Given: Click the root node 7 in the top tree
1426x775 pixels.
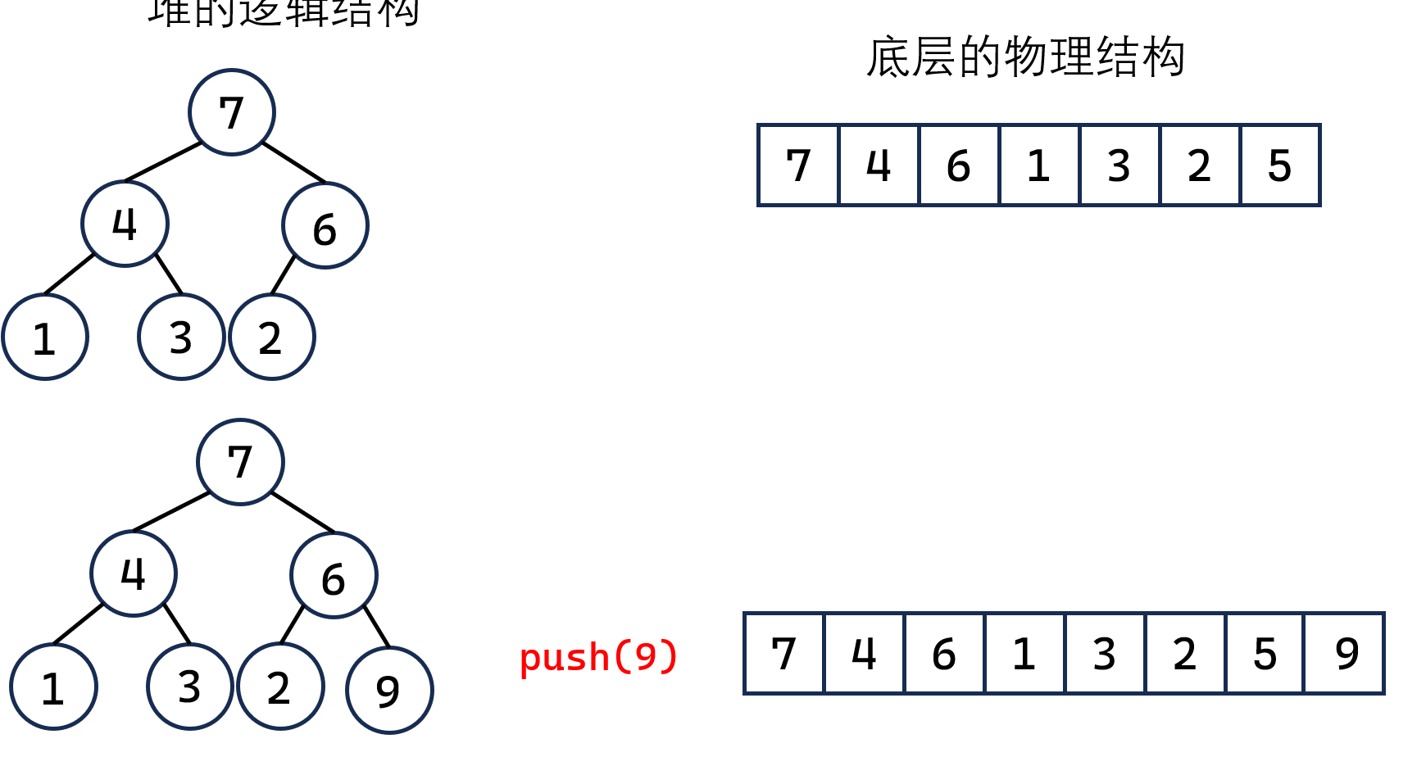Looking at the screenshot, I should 232,112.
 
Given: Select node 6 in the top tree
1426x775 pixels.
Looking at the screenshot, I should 325,226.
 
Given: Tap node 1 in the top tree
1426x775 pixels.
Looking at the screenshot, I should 45,337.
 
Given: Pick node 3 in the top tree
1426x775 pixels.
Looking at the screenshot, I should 181,337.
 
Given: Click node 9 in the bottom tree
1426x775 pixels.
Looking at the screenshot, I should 389,690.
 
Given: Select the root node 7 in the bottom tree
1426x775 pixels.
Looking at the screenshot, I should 240,462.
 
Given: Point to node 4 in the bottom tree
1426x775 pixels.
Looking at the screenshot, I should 134,573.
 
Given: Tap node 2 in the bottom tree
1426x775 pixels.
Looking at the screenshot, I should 280,687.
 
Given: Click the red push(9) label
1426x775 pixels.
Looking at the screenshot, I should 598,656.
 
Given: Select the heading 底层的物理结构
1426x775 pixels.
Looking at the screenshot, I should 1025,57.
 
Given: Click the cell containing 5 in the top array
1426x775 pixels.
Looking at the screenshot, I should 1279,165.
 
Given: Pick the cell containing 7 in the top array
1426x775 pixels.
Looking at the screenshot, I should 798,165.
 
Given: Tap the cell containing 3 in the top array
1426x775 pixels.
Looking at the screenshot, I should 1119,165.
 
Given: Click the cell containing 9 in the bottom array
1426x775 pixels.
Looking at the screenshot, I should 1345,654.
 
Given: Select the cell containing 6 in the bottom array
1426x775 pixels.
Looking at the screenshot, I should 944,654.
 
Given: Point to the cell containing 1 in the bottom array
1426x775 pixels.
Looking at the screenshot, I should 1024,654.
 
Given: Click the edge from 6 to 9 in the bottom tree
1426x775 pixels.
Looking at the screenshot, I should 376,627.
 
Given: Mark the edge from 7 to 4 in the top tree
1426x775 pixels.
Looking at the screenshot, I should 163,161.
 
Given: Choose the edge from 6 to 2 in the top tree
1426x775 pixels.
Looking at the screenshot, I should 284,274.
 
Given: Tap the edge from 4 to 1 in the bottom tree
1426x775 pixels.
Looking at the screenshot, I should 78,624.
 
